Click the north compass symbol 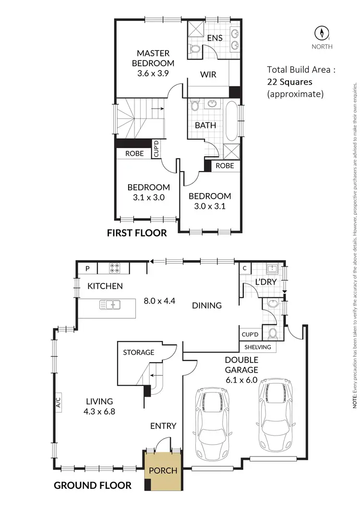tap(322, 33)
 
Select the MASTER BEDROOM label tap(155, 58)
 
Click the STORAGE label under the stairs tap(139, 339)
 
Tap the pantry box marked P tap(87, 268)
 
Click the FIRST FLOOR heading tap(137, 233)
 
